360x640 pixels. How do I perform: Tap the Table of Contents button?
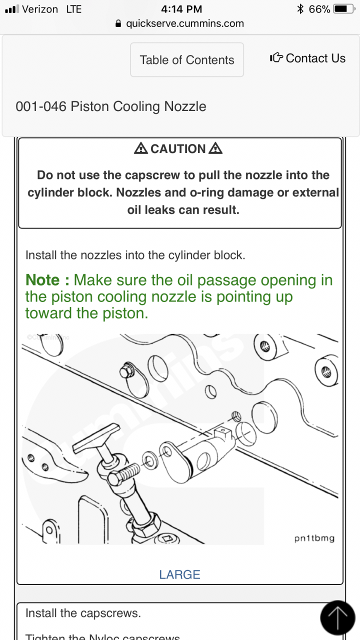187,60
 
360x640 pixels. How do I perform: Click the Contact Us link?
307,58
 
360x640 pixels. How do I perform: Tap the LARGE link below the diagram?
179,574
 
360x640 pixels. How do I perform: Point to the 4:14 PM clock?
181,9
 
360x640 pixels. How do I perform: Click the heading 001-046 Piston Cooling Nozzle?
111,106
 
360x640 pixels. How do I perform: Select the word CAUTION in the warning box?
178,149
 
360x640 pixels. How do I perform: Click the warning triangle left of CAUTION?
141,148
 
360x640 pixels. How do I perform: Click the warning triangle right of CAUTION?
215,148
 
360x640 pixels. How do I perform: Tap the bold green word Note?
43,280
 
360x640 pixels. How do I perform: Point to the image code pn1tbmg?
314,538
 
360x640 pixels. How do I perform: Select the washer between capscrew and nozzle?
148,459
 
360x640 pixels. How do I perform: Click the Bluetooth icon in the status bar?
300,9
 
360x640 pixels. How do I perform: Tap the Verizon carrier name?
40,9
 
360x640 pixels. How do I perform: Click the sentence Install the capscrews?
83,613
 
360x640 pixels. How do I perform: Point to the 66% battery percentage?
319,9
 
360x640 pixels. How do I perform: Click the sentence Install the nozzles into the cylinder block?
135,255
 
